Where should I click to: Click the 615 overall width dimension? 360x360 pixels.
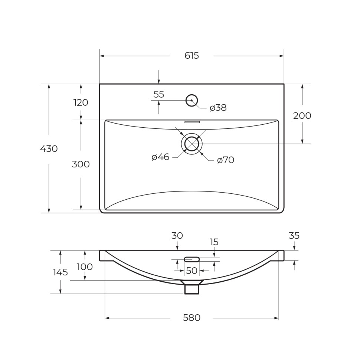pyautogui.click(x=192, y=56)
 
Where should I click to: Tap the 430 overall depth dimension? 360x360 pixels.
pyautogui.click(x=49, y=149)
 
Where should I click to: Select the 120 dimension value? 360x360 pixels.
pyautogui.click(x=81, y=102)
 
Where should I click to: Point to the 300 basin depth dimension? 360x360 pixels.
pyautogui.click(x=81, y=164)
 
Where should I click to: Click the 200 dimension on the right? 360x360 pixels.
pyautogui.click(x=302, y=115)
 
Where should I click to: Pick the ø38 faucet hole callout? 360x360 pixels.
pyautogui.click(x=218, y=108)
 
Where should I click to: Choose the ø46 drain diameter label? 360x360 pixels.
pyautogui.click(x=160, y=157)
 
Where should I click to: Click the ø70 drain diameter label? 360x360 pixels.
pyautogui.click(x=226, y=160)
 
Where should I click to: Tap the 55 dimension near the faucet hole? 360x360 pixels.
pyautogui.click(x=159, y=94)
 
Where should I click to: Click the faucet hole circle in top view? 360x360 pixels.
pyautogui.click(x=192, y=95)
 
